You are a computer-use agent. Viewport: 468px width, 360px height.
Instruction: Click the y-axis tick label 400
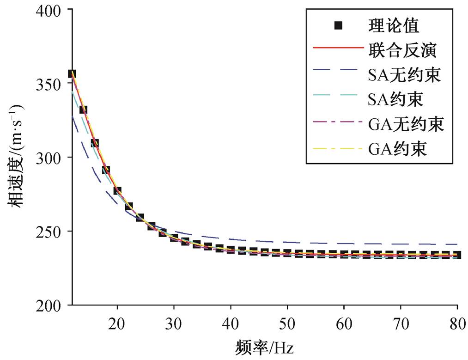pos(48,11)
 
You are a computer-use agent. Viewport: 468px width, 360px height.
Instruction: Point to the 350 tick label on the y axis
pos(48,85)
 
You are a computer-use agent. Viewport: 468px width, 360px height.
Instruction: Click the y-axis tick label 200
pos(48,306)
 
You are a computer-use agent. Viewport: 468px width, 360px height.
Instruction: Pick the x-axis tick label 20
pos(117,324)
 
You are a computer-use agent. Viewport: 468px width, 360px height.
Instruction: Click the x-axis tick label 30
pos(174,324)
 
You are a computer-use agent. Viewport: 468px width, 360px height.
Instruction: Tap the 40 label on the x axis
pos(231,324)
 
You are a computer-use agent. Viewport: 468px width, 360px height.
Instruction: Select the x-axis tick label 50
pos(287,324)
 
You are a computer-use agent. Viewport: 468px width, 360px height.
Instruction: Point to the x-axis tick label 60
pos(344,324)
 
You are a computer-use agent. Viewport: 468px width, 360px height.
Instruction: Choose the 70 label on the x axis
pos(401,324)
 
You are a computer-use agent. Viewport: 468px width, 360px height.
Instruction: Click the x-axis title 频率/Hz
pos(264,348)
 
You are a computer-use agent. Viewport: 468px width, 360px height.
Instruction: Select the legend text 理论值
pos(394,25)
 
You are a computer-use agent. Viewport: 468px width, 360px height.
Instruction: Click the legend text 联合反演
pos(402,50)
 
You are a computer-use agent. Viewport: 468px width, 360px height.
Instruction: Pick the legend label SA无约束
pos(404,74)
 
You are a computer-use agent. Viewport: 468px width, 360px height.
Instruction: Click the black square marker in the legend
pos(338,25)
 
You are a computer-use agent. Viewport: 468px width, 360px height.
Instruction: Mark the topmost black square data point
pos(72,73)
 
